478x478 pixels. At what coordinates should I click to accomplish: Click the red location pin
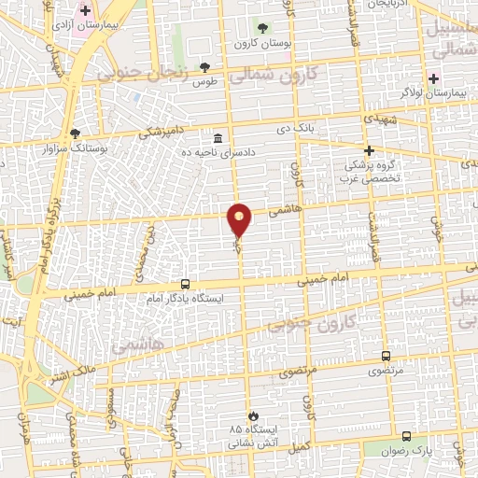[x=240, y=218]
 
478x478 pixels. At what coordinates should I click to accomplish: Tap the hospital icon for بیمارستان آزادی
[x=86, y=12]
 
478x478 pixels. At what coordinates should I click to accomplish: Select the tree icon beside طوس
[x=204, y=67]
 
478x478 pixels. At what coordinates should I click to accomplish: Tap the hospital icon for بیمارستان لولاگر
[x=432, y=77]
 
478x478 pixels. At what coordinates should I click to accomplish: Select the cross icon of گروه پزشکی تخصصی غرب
[x=369, y=150]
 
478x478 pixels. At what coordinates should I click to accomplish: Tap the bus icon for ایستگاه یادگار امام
[x=184, y=284]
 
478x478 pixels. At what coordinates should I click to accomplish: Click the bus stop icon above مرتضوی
[x=386, y=356]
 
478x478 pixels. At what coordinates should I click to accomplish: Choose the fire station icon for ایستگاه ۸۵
[x=250, y=415]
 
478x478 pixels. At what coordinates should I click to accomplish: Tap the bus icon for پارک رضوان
[x=405, y=436]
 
